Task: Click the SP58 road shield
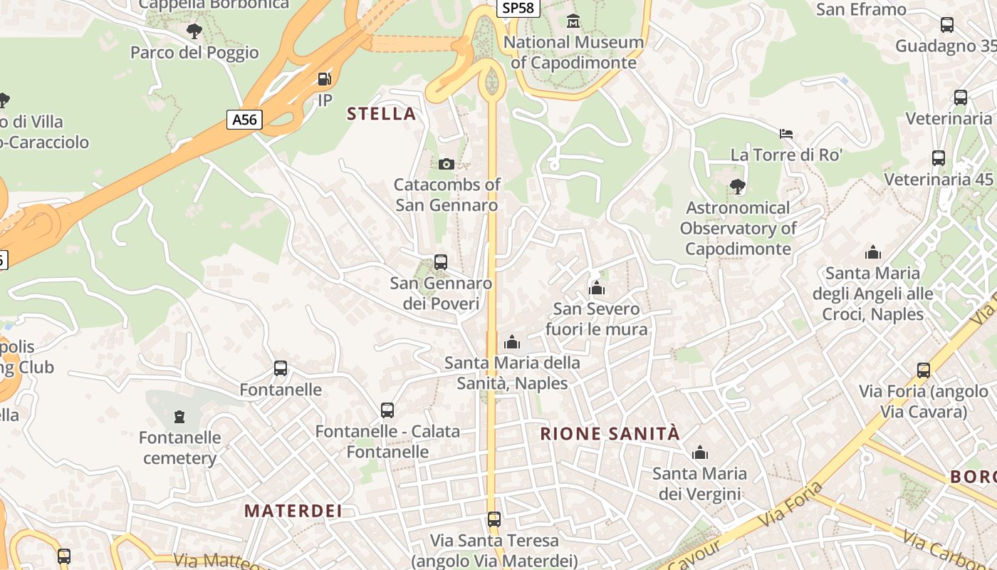[x=518, y=8]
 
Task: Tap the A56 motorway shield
[x=244, y=119]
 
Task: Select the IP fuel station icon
[x=325, y=78]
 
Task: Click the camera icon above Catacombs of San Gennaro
[x=447, y=165]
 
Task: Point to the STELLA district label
[x=381, y=113]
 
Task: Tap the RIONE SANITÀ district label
[x=610, y=433]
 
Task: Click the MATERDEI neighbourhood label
[x=293, y=510]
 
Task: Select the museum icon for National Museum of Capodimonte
[x=573, y=21]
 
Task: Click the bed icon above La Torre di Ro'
[x=786, y=133]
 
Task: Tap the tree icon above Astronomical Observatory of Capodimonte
[x=738, y=187]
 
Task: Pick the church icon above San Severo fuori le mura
[x=596, y=288]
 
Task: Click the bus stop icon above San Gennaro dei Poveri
[x=441, y=262]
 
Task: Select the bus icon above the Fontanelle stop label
[x=281, y=368]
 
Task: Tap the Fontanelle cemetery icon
[x=179, y=416]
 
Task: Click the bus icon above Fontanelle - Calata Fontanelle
[x=387, y=410]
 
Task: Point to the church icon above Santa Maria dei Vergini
[x=699, y=452]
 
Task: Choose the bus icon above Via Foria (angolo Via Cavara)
[x=924, y=370]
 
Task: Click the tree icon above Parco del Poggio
[x=194, y=31]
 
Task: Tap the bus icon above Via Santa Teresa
[x=494, y=519]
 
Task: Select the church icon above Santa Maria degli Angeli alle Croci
[x=872, y=252]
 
